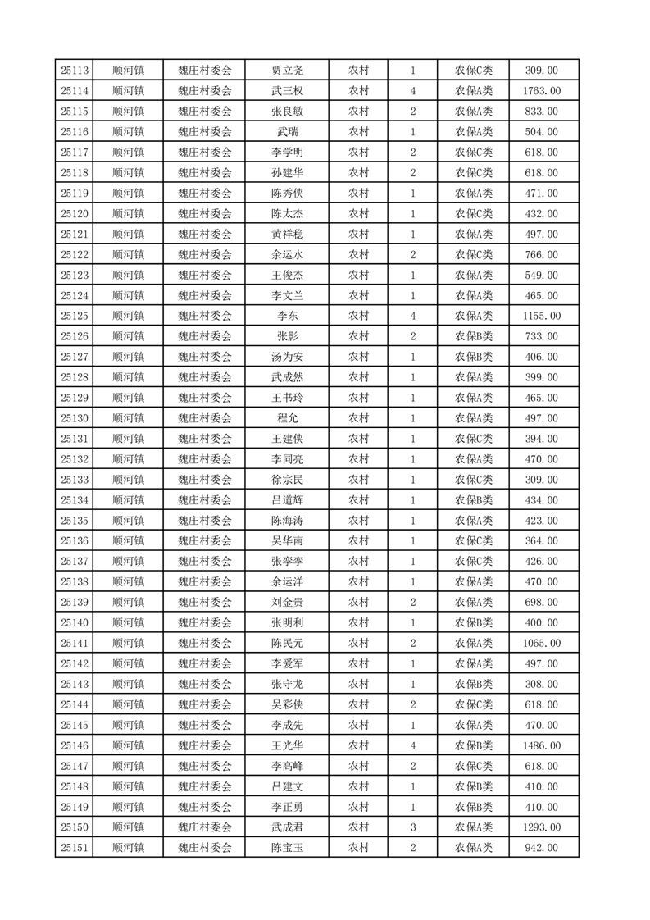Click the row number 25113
click(75, 71)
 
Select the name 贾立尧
click(287, 71)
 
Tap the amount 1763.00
click(542, 91)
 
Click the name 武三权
click(287, 91)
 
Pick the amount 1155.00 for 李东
click(542, 316)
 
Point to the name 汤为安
click(287, 357)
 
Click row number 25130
click(75, 418)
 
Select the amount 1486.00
click(542, 745)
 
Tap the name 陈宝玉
click(287, 848)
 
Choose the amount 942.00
click(542, 848)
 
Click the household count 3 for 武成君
click(412, 827)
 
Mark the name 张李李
click(287, 561)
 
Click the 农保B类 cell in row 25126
click(474, 336)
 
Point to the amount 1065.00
click(542, 643)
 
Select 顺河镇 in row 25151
click(128, 848)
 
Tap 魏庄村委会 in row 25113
click(205, 71)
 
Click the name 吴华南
click(287, 540)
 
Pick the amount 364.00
click(542, 540)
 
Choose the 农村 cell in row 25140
click(358, 622)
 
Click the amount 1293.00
click(542, 827)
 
